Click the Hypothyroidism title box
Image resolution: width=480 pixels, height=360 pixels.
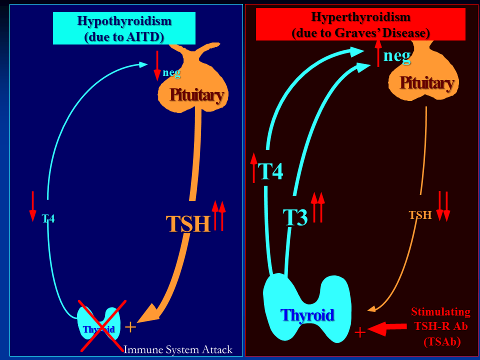pyautogui.click(x=124, y=28)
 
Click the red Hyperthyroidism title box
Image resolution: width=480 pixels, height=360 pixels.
pyautogui.click(x=360, y=24)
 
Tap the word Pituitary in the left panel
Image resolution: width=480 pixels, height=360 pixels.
pyautogui.click(x=196, y=94)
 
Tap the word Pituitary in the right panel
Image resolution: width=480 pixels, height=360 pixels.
pyautogui.click(x=426, y=82)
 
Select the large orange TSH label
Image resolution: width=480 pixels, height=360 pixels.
pyautogui.click(x=188, y=223)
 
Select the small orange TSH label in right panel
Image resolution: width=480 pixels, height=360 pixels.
pyautogui.click(x=420, y=215)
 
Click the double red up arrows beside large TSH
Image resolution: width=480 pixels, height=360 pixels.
pyautogui.click(x=218, y=215)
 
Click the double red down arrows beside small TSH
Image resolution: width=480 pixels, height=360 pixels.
pyautogui.click(x=443, y=205)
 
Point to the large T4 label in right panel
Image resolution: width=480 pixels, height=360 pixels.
pyautogui.click(x=270, y=171)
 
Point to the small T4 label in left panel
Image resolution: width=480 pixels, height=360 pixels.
pyautogui.click(x=48, y=218)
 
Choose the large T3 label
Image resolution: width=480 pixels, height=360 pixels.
pyautogui.click(x=295, y=217)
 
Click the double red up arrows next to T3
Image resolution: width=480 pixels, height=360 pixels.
pyautogui.click(x=317, y=206)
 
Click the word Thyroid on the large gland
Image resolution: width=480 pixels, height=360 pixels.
pyautogui.click(x=307, y=315)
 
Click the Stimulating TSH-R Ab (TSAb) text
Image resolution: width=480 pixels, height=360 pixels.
pyautogui.click(x=440, y=327)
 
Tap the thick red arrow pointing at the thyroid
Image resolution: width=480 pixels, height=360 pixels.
pyautogui.click(x=387, y=328)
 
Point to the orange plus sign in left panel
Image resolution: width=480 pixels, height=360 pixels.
pyautogui.click(x=130, y=327)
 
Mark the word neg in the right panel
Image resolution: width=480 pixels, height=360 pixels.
pyautogui.click(x=397, y=55)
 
